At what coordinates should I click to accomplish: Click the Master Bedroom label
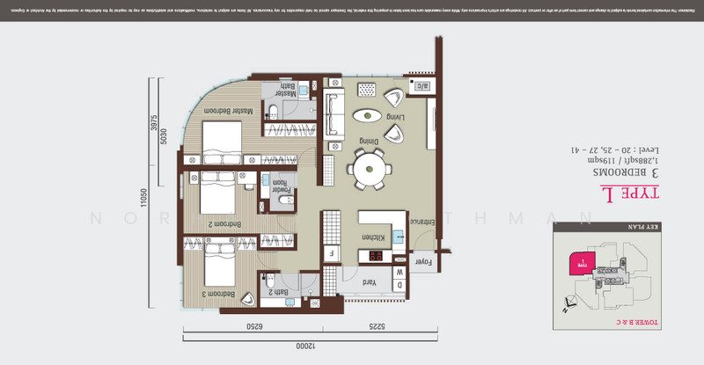tap(230, 111)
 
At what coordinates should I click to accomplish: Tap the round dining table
tap(369, 167)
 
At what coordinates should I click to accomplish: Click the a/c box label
tap(421, 86)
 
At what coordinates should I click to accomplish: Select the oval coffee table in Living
tap(367, 115)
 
